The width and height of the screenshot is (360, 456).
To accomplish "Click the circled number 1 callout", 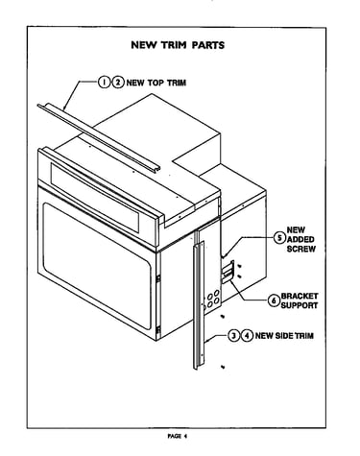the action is [104, 83].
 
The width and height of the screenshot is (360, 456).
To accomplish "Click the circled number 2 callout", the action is [118, 83].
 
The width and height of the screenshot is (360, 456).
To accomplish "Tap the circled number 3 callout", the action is [234, 335].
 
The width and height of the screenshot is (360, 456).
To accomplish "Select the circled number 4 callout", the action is [248, 335].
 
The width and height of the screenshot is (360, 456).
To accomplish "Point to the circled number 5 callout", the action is [279, 238].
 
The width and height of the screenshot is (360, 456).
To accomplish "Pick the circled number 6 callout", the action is [274, 300].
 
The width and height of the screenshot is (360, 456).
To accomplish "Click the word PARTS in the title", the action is [208, 45].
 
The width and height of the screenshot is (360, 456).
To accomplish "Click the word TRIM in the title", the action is [173, 45].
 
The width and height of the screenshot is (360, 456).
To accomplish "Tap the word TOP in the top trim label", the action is [156, 83].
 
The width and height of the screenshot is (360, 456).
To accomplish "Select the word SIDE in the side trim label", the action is [282, 335].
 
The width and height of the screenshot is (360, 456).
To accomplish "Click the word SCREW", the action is [301, 249].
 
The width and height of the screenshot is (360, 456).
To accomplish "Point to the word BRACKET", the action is [300, 296].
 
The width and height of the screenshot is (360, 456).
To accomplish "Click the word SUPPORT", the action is [300, 305].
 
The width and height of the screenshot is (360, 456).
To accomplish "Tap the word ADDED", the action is [300, 239].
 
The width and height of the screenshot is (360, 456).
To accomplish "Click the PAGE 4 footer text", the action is [177, 436].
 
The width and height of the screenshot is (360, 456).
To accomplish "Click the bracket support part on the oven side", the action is [228, 272].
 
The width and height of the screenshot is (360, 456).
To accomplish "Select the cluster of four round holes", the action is [213, 299].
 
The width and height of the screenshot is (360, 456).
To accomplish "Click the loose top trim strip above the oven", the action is [98, 136].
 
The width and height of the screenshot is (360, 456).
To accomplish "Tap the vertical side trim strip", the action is [199, 305].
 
